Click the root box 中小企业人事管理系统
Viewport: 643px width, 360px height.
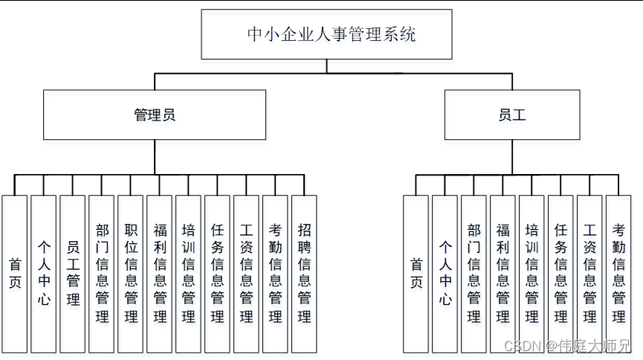coord(326,34)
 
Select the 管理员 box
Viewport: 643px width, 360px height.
coord(155,115)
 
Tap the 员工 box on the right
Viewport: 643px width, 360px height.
coord(512,115)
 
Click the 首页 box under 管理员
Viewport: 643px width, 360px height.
coord(15,274)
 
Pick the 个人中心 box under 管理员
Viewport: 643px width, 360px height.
coord(44,274)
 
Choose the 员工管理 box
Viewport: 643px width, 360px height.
coord(73,274)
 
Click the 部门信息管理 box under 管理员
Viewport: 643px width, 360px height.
coord(102,274)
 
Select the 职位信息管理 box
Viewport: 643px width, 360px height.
coord(131,274)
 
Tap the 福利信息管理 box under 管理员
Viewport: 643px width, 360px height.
coord(160,274)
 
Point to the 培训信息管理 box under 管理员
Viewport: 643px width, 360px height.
coord(189,274)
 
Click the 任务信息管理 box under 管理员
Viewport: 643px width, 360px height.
coord(217,274)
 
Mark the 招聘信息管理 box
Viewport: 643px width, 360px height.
coord(304,274)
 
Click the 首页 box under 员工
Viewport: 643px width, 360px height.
coord(416,274)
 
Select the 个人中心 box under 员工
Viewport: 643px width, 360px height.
coord(445,274)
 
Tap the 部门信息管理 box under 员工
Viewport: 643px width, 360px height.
coord(474,274)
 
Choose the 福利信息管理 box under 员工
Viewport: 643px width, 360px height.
coord(503,274)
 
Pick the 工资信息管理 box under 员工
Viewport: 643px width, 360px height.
coord(589,274)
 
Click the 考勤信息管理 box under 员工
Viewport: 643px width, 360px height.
coord(618,274)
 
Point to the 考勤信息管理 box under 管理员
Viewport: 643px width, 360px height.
coord(275,274)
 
